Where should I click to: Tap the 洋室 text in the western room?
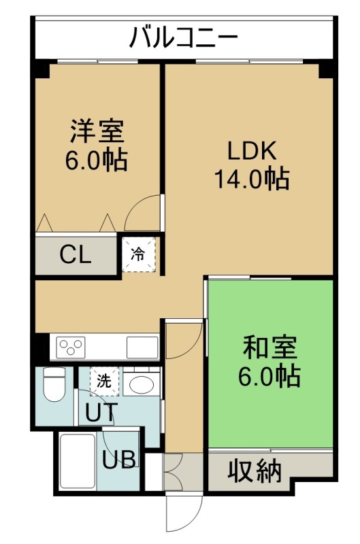97,131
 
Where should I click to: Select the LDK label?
252,150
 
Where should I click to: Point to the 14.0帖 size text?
252,179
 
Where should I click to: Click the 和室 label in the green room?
270,347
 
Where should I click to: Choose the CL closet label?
76,254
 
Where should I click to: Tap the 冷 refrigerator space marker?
138,254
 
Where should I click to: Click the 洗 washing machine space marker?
104,381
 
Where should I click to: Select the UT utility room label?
99,412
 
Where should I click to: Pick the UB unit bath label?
119,460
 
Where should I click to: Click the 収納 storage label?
254,472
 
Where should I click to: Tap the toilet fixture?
54,384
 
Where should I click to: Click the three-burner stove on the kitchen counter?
71,347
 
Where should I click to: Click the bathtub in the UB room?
78,461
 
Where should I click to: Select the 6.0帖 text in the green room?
269,376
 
